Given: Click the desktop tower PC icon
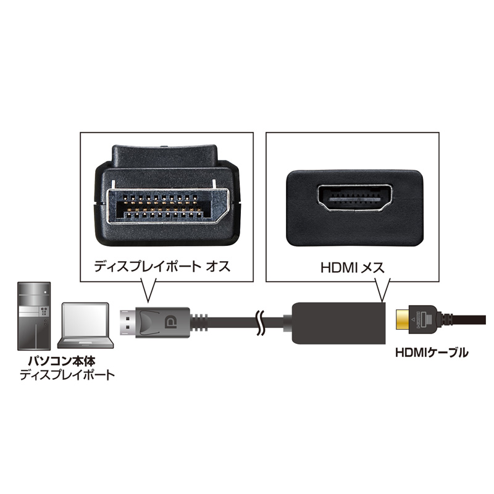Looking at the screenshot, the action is [x=34, y=316].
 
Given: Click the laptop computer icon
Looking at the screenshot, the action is [x=85, y=325].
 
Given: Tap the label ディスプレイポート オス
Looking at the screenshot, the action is [x=162, y=267].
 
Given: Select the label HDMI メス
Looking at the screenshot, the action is [x=353, y=267].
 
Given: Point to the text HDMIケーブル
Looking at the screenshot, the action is [x=432, y=352].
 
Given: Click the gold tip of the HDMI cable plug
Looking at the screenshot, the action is [x=403, y=319].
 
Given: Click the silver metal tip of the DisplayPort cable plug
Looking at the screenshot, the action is [x=128, y=322].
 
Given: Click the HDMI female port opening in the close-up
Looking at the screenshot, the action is [x=355, y=199].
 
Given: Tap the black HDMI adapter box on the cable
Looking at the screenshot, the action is [x=338, y=323].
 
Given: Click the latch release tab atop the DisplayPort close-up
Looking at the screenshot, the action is [x=164, y=157].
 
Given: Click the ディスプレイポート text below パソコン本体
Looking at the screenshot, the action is [x=67, y=375].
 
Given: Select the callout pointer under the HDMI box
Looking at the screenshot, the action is [x=382, y=290].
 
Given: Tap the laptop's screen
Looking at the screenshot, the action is [x=85, y=320].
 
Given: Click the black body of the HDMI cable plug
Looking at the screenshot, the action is [x=422, y=319].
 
